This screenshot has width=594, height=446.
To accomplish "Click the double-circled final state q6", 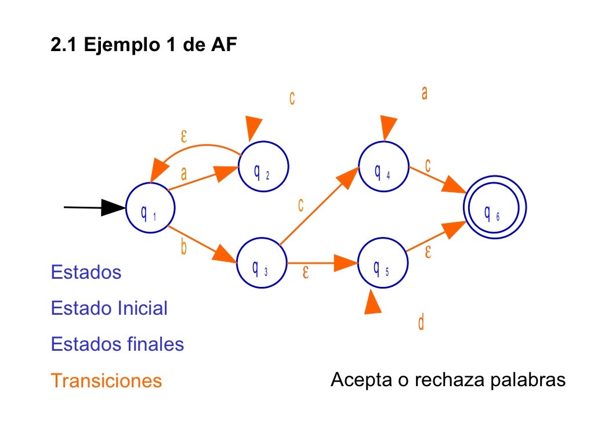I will pyautogui.click(x=495, y=212).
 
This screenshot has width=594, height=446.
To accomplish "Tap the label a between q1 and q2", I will pyautogui.click(x=184, y=173).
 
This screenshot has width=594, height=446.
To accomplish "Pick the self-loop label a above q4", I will pyautogui.click(x=425, y=93).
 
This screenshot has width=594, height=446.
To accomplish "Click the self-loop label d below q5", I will pyautogui.click(x=421, y=322).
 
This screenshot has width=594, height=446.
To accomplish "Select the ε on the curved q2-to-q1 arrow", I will pyautogui.click(x=184, y=136).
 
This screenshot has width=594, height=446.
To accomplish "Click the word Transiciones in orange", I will pyautogui.click(x=106, y=381).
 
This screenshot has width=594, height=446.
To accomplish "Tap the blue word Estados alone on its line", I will pyautogui.click(x=86, y=272).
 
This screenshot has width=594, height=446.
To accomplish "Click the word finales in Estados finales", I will pyautogui.click(x=157, y=344).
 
